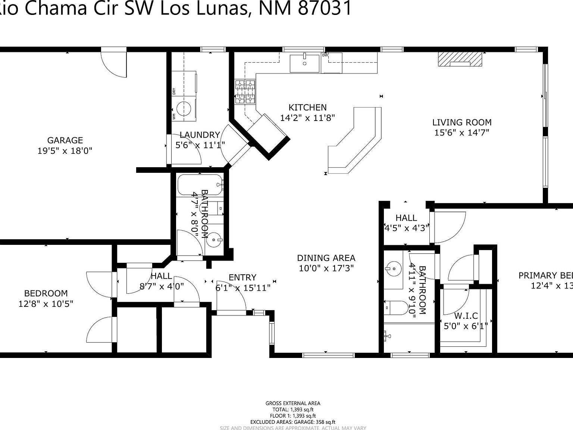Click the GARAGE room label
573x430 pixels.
point(65,140)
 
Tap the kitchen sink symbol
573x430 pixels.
point(305,63)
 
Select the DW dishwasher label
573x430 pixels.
point(325,55)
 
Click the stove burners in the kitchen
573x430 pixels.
point(245,92)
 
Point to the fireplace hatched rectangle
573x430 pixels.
point(460,59)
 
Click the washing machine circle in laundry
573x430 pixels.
point(185,109)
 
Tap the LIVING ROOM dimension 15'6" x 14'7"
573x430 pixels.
point(462,133)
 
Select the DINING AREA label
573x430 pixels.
point(326,258)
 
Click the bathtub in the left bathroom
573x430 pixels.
point(200,184)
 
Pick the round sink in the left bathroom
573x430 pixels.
point(214,240)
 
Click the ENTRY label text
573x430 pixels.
point(242,277)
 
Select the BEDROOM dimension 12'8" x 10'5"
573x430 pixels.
point(46,304)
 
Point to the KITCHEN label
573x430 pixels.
point(308,107)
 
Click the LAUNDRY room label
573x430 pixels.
point(200,135)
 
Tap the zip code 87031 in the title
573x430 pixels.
point(324,8)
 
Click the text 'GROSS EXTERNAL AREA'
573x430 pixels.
point(293,403)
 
